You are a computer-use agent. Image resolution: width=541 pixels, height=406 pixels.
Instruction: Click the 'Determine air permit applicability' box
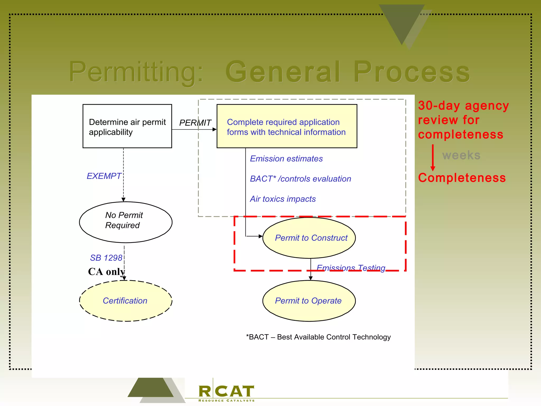point(127,126)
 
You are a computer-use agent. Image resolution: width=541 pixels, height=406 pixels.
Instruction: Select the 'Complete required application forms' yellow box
point(287,126)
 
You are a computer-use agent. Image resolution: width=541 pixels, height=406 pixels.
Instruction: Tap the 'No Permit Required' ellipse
point(125,222)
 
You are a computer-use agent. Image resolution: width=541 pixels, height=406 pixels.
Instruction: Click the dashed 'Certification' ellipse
point(125,301)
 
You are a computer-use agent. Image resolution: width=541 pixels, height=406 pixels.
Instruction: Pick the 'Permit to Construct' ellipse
point(309,238)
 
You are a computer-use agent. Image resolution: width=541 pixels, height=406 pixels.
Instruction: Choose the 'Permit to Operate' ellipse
point(309,301)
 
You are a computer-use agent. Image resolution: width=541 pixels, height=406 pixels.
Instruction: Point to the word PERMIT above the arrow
point(195,123)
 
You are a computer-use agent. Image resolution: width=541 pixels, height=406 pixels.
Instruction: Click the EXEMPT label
point(104,176)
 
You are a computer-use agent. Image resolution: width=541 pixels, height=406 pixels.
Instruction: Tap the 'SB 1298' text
point(106,258)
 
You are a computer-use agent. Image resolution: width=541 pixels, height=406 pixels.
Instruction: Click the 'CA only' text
point(106,272)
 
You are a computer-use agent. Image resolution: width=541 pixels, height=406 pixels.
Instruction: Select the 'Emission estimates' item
point(286,159)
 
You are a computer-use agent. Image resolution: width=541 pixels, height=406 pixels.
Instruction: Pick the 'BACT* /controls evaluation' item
point(300,179)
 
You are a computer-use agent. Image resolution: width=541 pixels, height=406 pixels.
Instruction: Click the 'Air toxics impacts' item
point(283,199)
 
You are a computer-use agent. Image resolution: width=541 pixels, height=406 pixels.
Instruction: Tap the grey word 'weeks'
point(461,155)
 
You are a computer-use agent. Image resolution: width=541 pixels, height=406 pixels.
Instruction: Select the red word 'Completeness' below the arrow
point(462,178)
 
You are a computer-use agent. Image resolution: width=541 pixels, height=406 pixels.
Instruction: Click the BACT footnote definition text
point(318,337)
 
